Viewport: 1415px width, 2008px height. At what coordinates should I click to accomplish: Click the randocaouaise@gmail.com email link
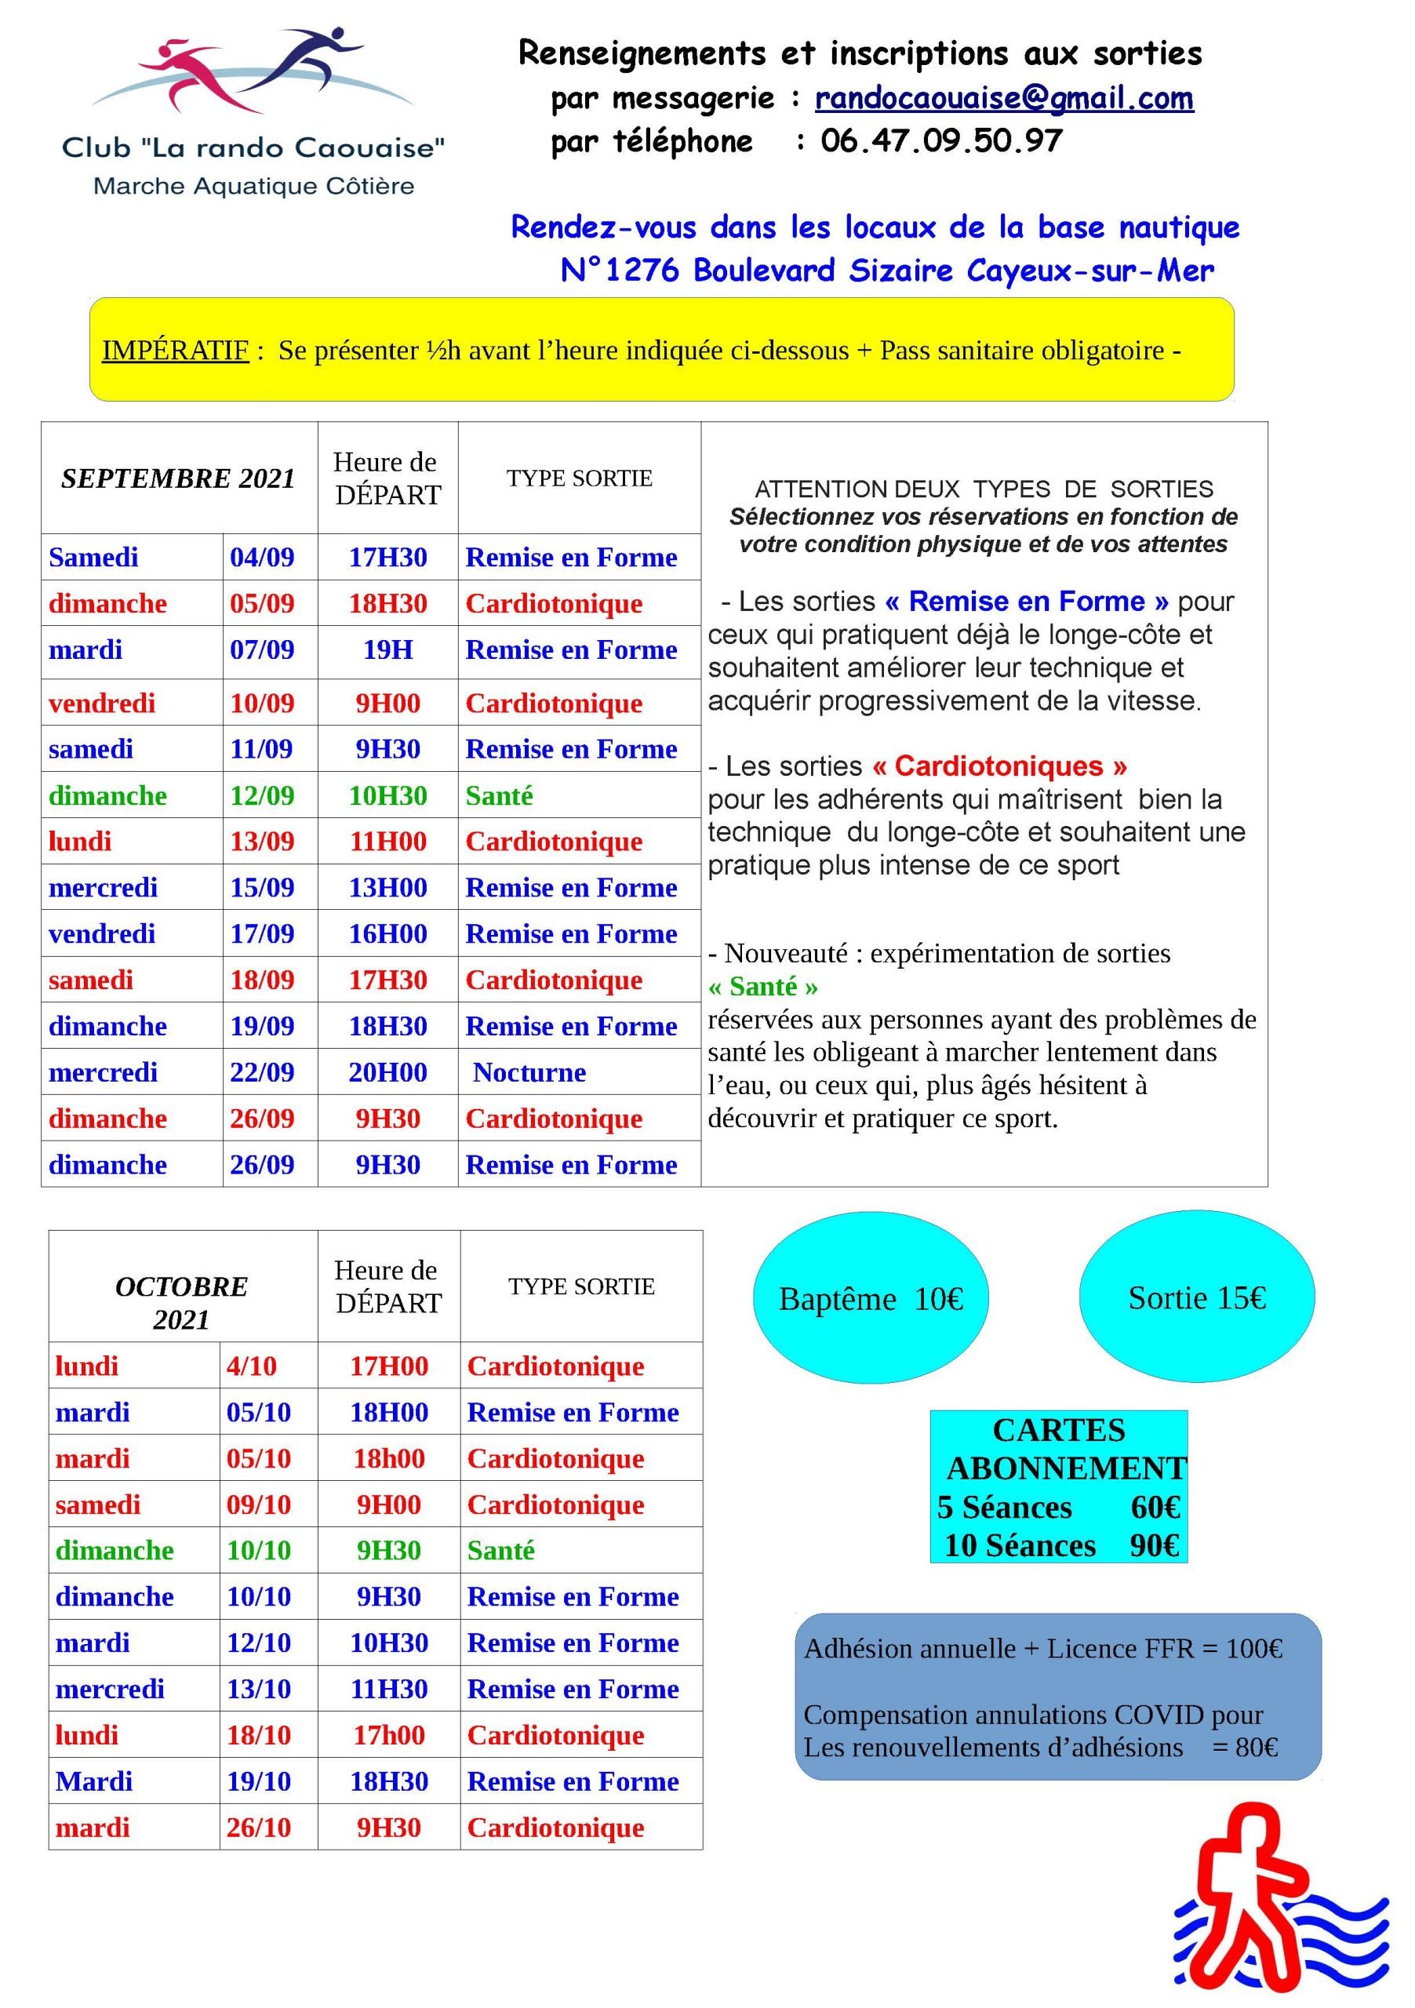pyautogui.click(x=1003, y=98)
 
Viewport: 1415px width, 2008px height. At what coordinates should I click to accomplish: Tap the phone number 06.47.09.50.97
pyautogui.click(x=941, y=141)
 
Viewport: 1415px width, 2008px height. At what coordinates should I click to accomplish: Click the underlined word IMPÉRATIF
pyautogui.click(x=175, y=350)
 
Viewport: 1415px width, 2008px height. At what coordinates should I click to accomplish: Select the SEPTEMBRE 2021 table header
pyautogui.click(x=178, y=478)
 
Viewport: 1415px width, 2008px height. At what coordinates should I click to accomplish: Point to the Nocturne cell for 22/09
pyautogui.click(x=529, y=1072)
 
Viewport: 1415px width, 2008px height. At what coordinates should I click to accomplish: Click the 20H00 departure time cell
pyautogui.click(x=387, y=1072)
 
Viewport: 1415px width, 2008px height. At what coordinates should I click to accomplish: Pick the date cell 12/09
pyautogui.click(x=261, y=795)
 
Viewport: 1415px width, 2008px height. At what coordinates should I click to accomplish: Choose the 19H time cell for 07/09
pyautogui.click(x=387, y=649)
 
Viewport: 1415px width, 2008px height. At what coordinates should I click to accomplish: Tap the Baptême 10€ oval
pyautogui.click(x=870, y=1299)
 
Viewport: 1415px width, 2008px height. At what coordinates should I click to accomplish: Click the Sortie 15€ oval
pyautogui.click(x=1196, y=1298)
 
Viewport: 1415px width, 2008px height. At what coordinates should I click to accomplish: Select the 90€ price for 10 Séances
pyautogui.click(x=1155, y=1545)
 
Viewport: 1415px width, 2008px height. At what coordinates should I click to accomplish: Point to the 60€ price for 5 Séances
pyautogui.click(x=1155, y=1507)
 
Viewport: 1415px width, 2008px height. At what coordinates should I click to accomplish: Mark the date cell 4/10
pyautogui.click(x=251, y=1366)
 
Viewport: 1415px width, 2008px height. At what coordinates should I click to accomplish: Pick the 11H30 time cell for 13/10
pyautogui.click(x=389, y=1689)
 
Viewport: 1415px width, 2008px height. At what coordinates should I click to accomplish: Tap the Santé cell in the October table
pyautogui.click(x=501, y=1551)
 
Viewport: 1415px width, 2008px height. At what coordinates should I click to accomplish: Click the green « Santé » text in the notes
pyautogui.click(x=762, y=987)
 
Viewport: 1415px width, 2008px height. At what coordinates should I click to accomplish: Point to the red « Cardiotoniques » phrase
pyautogui.click(x=999, y=766)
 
